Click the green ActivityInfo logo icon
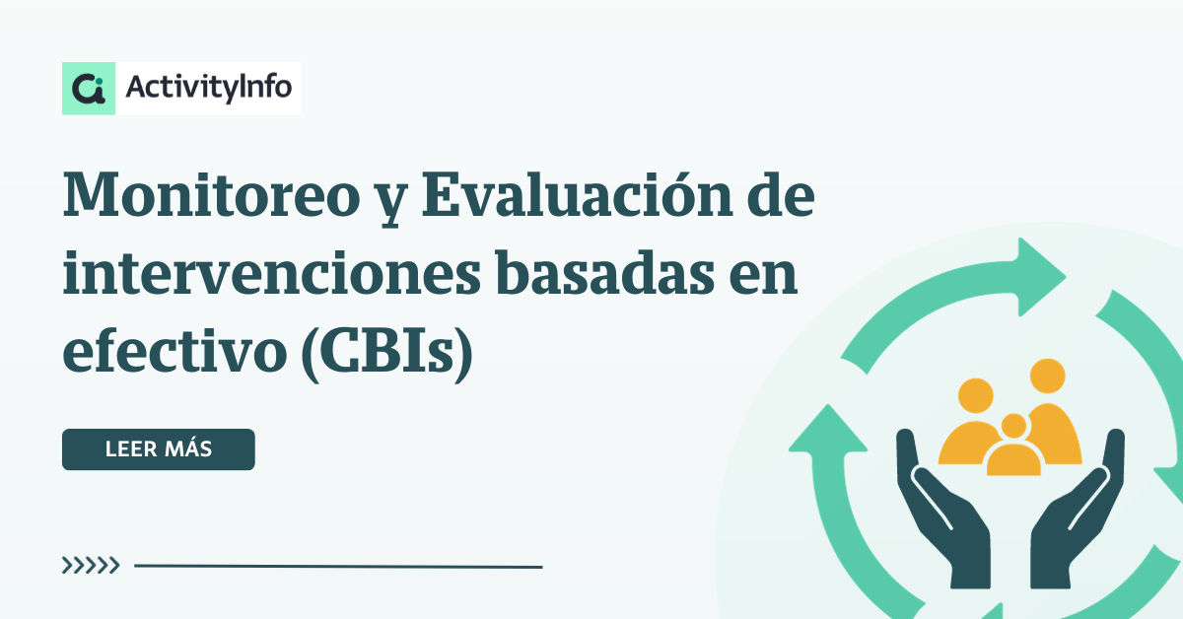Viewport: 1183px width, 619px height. pyautogui.click(x=89, y=88)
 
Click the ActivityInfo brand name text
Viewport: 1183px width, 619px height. pyautogui.click(x=209, y=88)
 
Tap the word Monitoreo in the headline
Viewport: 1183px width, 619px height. pyautogui.click(x=212, y=195)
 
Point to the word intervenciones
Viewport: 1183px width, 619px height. pyautogui.click(x=272, y=274)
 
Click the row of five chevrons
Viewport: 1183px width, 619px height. pyautogui.click(x=91, y=565)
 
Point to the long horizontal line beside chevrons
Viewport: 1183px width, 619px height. pyautogui.click(x=338, y=566)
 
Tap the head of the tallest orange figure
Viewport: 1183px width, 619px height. pyautogui.click(x=1048, y=377)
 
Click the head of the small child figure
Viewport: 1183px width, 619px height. pyautogui.click(x=1014, y=426)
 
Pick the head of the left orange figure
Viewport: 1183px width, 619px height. pyautogui.click(x=976, y=395)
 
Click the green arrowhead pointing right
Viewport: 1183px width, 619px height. pyautogui.click(x=1038, y=277)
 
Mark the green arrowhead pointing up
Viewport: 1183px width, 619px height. pyautogui.click(x=827, y=429)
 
